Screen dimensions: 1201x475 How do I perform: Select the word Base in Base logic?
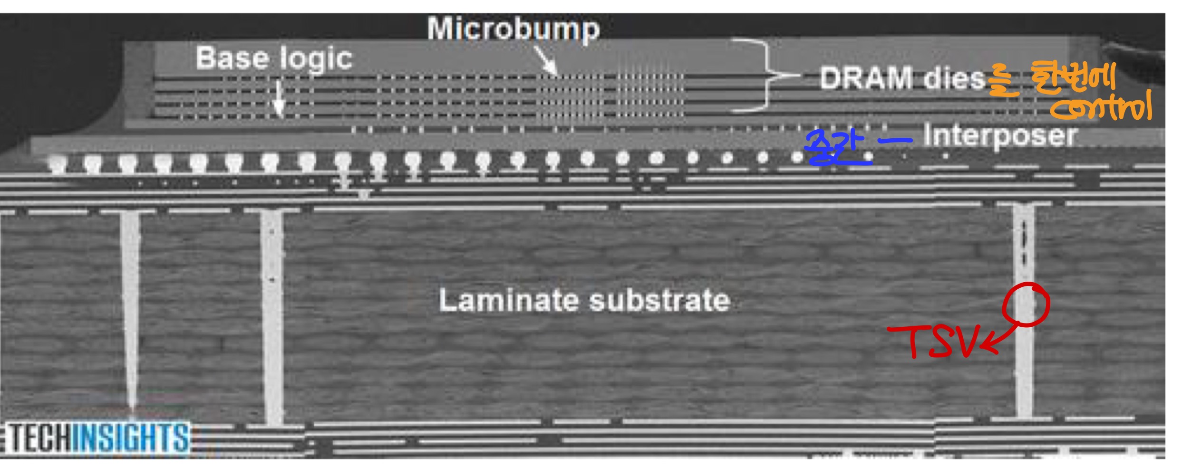(x=232, y=58)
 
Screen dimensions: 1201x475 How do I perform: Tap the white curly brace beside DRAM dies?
(x=765, y=75)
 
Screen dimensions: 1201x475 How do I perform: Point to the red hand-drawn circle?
(x=1026, y=304)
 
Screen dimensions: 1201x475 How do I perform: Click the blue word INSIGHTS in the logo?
(x=131, y=437)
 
